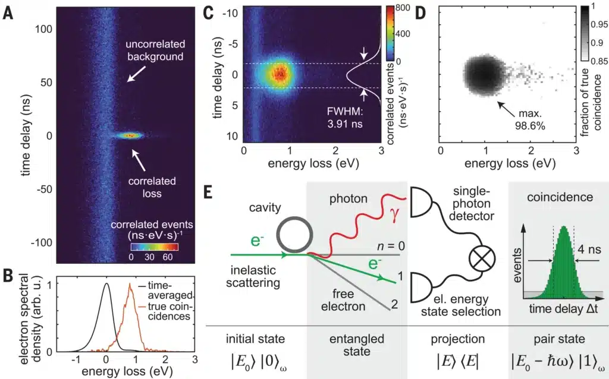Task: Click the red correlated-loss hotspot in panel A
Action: coord(131,135)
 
